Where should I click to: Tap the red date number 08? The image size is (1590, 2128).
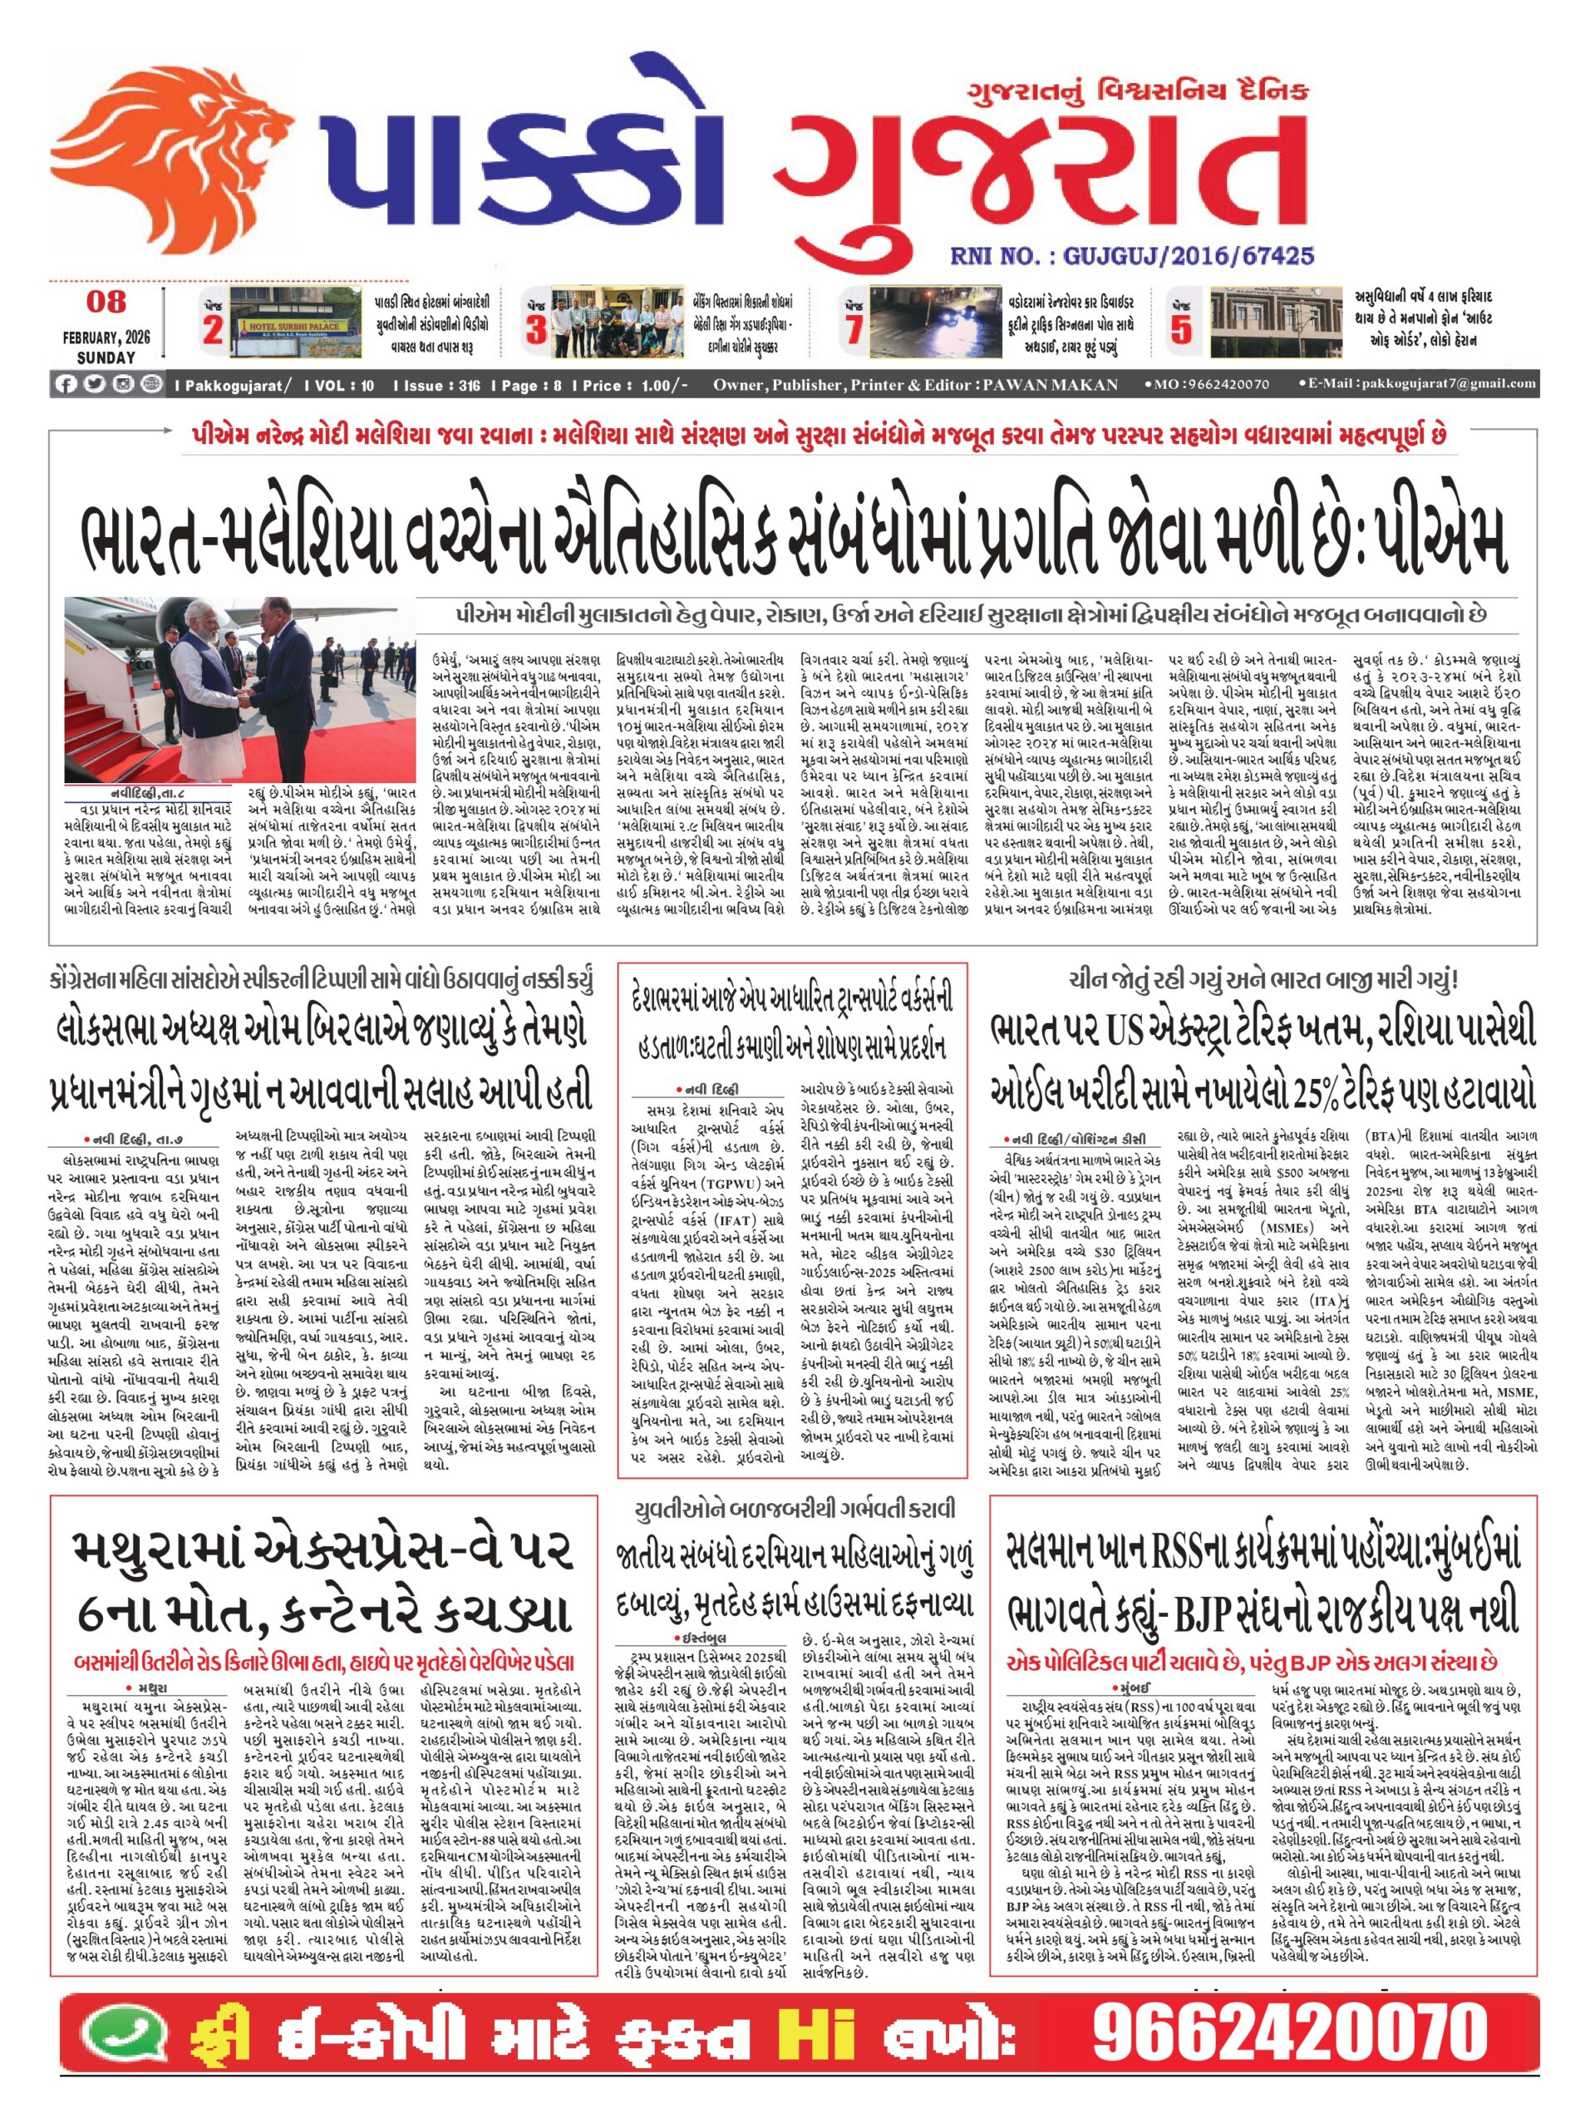pyautogui.click(x=106, y=301)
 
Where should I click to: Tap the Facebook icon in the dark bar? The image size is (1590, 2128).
pyautogui.click(x=66, y=384)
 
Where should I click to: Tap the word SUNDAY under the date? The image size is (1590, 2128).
pyautogui.click(x=106, y=357)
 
